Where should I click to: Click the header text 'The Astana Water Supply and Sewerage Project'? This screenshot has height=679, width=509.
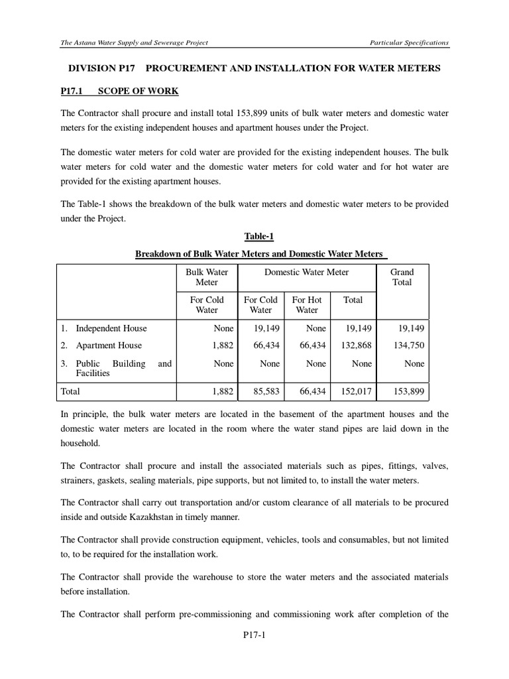tap(135, 42)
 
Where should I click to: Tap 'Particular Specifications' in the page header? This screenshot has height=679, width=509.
tap(409, 42)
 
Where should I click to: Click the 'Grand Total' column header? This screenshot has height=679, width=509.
tap(402, 277)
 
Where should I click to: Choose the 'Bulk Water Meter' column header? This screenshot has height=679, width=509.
tap(207, 277)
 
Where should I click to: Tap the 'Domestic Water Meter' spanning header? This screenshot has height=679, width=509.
tap(306, 272)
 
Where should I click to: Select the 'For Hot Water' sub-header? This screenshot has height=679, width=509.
tap(307, 304)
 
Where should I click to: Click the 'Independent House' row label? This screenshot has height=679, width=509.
tap(111, 328)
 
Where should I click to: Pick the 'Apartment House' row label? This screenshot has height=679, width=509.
tap(109, 345)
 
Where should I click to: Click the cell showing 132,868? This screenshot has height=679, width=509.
tap(357, 345)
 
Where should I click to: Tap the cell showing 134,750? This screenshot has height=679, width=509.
tap(408, 345)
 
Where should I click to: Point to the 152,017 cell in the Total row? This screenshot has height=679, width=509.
tap(357, 392)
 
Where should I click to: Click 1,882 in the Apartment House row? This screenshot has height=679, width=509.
tap(223, 345)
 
